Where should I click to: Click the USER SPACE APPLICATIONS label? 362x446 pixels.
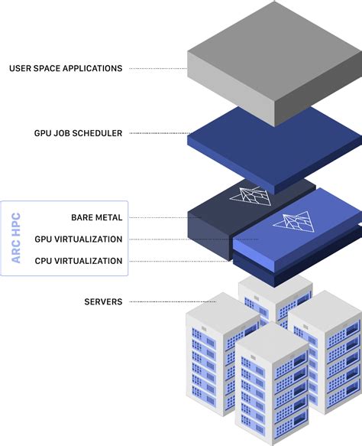click(66, 69)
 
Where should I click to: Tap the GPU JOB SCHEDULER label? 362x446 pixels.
click(78, 133)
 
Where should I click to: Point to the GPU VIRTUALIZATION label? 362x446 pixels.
click(78, 239)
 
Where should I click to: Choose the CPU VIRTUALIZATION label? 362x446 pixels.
click(78, 261)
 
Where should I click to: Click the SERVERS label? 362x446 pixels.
click(103, 302)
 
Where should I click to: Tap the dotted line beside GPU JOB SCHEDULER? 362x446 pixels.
click(157, 133)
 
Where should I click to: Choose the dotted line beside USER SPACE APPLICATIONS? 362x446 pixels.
click(157, 69)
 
